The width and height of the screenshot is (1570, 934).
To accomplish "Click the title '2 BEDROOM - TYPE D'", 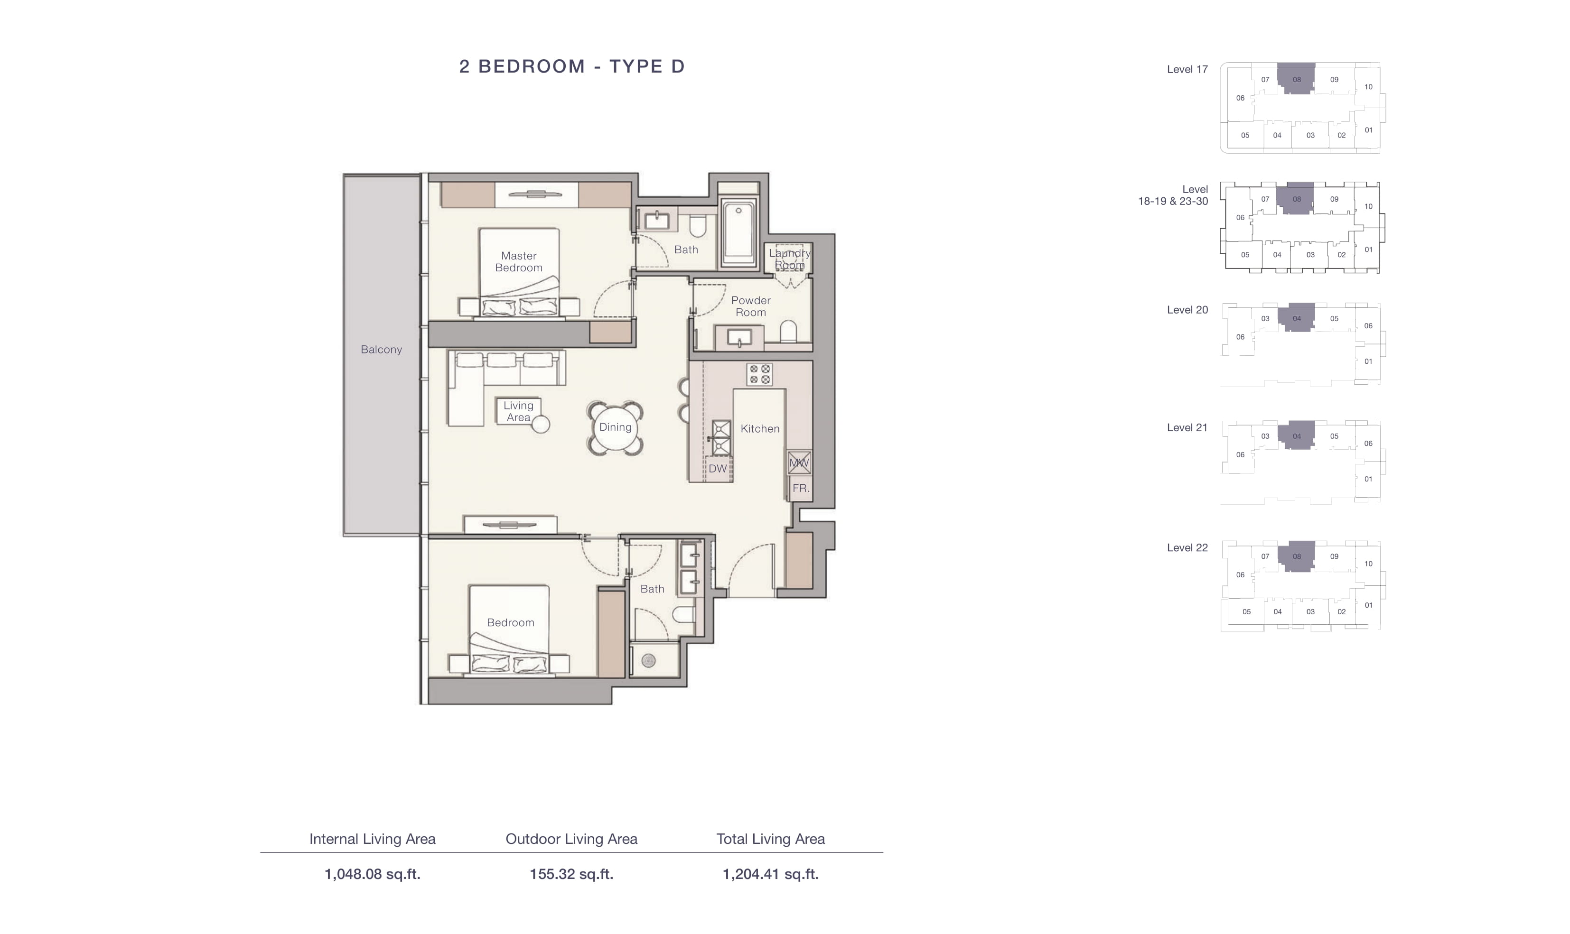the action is coord(571,66).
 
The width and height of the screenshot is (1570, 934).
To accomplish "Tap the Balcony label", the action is coord(381,349).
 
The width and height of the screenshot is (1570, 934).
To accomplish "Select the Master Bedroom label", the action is coord(519,262).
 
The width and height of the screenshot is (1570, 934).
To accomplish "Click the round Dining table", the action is coord(615,427).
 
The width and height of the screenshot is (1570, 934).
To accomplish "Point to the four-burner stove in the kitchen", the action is coord(759,374).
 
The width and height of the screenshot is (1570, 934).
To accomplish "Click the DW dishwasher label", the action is coord(718,468).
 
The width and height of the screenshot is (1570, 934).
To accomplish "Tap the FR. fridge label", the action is coord(801,488).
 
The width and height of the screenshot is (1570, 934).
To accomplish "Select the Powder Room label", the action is coord(750,306).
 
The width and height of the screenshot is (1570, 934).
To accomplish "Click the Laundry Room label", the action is coord(789,259).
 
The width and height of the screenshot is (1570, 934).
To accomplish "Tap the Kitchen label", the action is coord(760,429).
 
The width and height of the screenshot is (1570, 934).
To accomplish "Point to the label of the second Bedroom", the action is coord(511,622).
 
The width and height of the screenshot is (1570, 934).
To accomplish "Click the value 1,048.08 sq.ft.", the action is coord(372,874).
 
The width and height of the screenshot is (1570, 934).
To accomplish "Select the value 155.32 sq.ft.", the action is coord(571,874).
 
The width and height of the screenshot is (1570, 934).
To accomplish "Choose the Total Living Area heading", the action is coord(770,839).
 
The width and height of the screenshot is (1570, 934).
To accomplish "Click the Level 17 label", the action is coord(1187,69).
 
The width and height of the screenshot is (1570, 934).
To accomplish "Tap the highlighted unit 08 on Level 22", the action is coord(1297,556).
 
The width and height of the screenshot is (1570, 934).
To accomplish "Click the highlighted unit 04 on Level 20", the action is coord(1297,318).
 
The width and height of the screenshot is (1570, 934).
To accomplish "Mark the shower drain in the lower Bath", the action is coord(648,661).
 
